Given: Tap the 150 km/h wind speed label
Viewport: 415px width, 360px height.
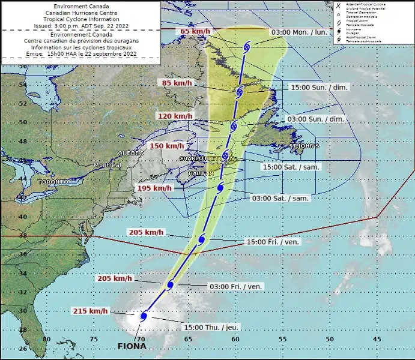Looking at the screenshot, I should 166,146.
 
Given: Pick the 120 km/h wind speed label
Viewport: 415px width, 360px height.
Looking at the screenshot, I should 174,116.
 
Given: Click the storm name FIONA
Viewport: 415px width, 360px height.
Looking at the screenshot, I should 132,346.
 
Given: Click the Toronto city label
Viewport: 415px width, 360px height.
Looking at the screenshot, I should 53,181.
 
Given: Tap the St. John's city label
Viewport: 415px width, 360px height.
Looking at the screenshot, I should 304,146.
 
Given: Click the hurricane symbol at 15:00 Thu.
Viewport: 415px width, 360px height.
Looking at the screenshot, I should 144,316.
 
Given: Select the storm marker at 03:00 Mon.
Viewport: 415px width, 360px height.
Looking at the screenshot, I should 247,47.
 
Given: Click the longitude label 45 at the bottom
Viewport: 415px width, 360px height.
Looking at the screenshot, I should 377,339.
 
